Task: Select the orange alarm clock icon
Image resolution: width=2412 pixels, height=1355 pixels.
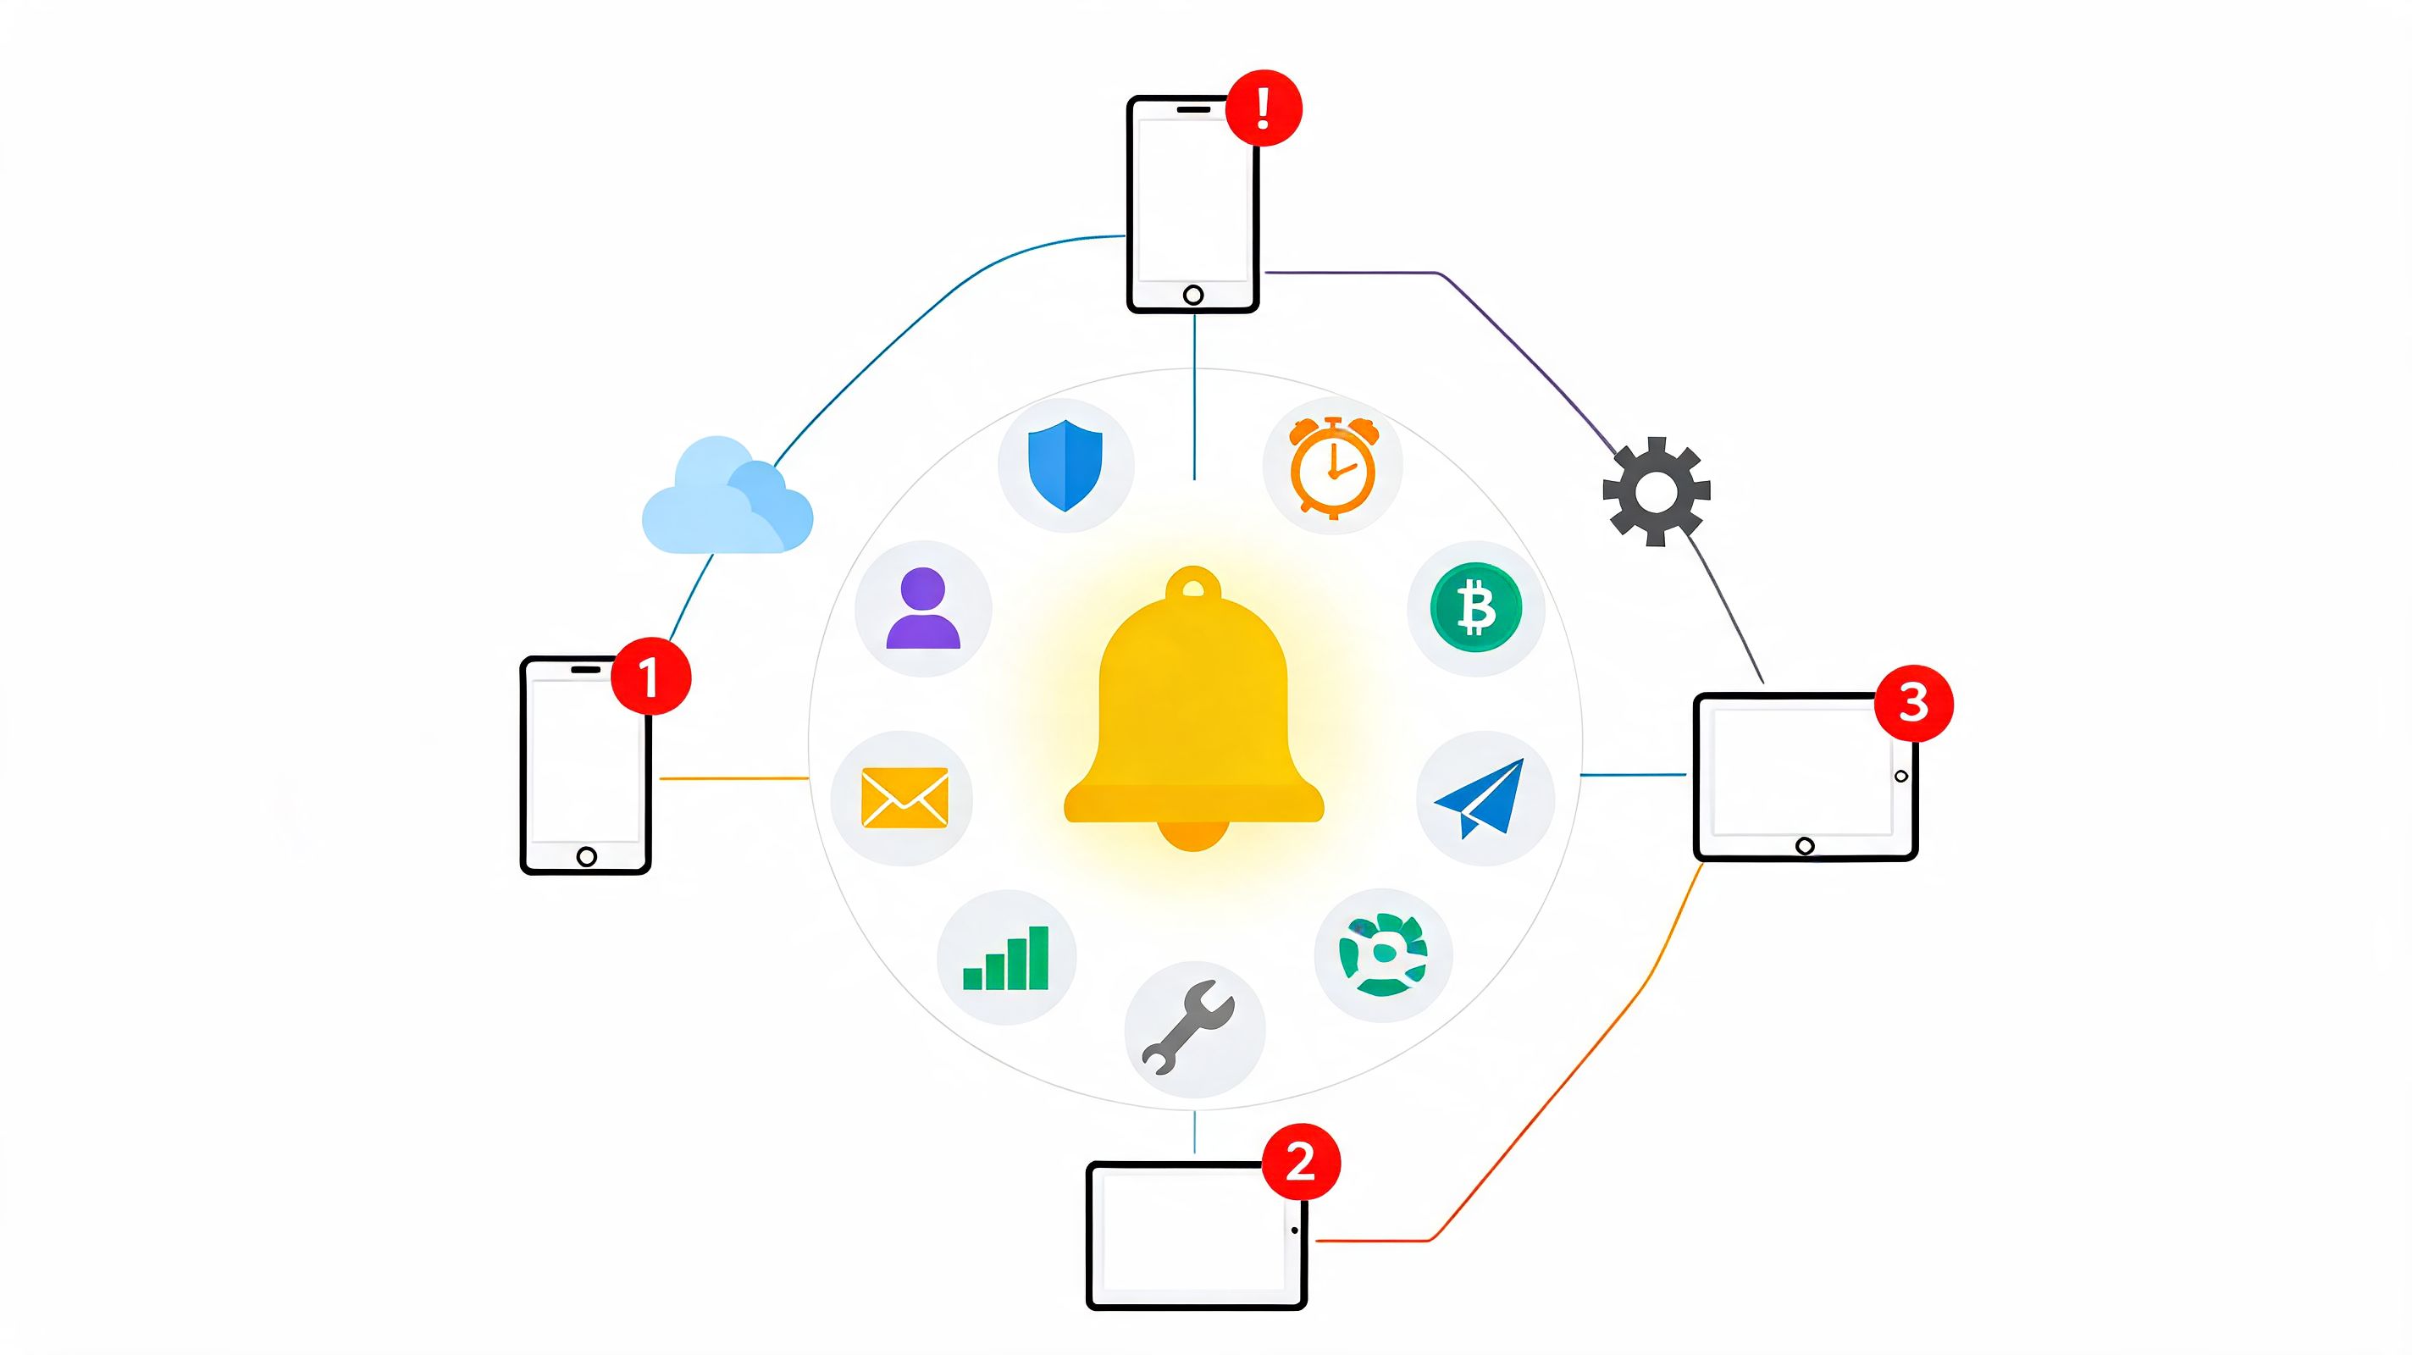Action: point(1333,467)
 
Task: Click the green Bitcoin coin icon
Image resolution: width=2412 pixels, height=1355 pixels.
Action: point(1477,608)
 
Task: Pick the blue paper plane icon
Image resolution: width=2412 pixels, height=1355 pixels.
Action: point(1480,798)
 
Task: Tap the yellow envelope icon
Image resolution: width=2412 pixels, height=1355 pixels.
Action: point(904,798)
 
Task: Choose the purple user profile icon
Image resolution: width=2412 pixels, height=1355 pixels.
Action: point(923,608)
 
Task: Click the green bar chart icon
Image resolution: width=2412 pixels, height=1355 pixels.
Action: point(1007,957)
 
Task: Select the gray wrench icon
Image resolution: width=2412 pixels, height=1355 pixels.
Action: point(1188,1027)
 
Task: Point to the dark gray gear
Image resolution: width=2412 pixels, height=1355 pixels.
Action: point(1657,492)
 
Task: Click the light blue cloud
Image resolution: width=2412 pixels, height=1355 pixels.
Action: point(727,496)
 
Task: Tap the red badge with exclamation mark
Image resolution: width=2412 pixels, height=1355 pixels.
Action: point(1264,108)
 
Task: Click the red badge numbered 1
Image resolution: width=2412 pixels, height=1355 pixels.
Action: point(650,676)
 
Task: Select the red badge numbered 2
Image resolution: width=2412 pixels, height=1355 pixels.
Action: point(1302,1162)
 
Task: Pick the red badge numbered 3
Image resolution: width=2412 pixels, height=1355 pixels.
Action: point(1914,703)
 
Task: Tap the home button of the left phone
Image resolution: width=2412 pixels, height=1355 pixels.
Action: point(587,856)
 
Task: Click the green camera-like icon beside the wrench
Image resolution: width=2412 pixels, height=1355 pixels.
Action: point(1384,954)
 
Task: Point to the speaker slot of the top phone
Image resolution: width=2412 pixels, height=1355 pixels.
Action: point(1193,108)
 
